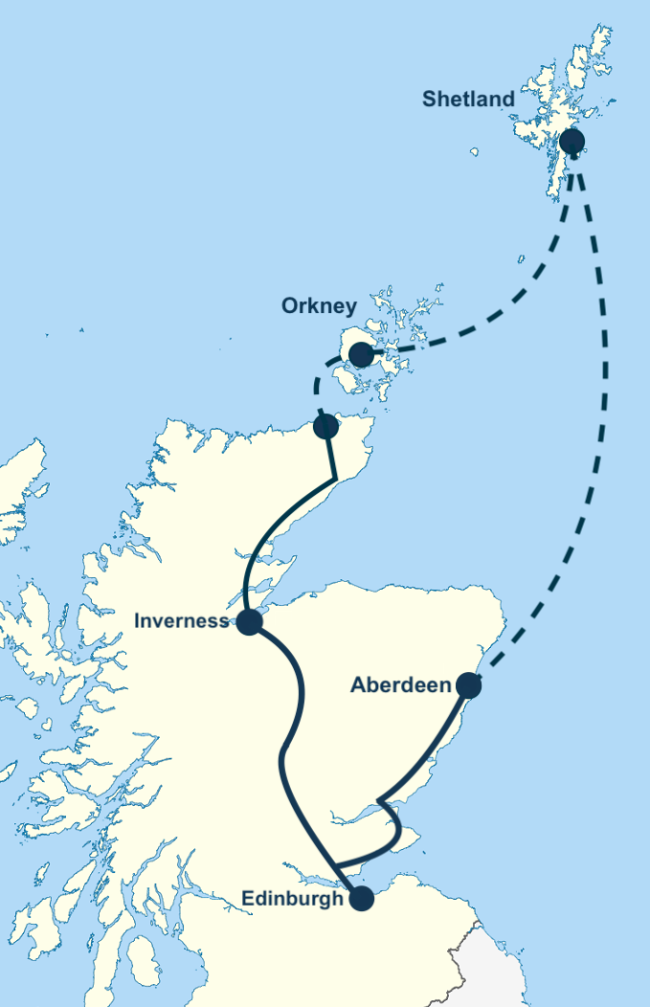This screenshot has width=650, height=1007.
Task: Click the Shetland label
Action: click(468, 100)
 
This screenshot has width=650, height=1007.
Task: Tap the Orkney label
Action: click(319, 306)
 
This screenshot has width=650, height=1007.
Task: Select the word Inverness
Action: click(181, 620)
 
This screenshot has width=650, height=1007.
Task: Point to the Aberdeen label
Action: click(400, 685)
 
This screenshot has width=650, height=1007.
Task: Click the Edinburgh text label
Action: click(292, 899)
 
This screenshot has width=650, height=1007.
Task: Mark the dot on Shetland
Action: click(572, 142)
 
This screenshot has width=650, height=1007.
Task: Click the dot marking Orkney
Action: click(361, 355)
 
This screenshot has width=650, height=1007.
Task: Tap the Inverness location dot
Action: click(249, 622)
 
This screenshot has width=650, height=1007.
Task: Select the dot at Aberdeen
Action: click(468, 685)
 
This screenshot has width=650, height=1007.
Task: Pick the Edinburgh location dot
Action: click(361, 898)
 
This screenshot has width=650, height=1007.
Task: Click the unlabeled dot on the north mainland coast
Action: click(325, 426)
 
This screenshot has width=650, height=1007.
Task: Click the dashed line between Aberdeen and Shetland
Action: click(601, 431)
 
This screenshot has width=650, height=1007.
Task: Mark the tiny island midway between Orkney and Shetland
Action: click(521, 258)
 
